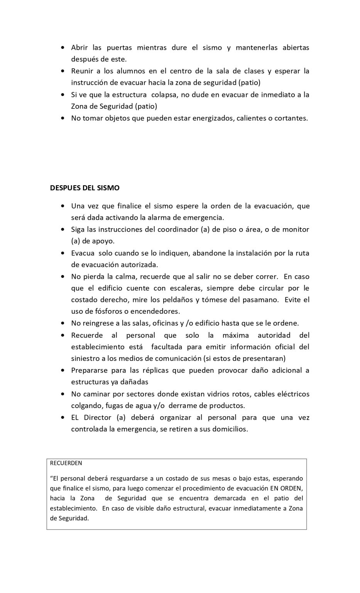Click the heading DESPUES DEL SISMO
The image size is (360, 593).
85,188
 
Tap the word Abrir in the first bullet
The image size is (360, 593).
79,47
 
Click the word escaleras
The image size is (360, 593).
184,288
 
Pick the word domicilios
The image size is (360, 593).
227,429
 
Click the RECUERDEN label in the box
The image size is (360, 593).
66,463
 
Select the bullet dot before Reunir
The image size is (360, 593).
63,71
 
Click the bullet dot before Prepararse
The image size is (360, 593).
63,371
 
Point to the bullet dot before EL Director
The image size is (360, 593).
63,418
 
